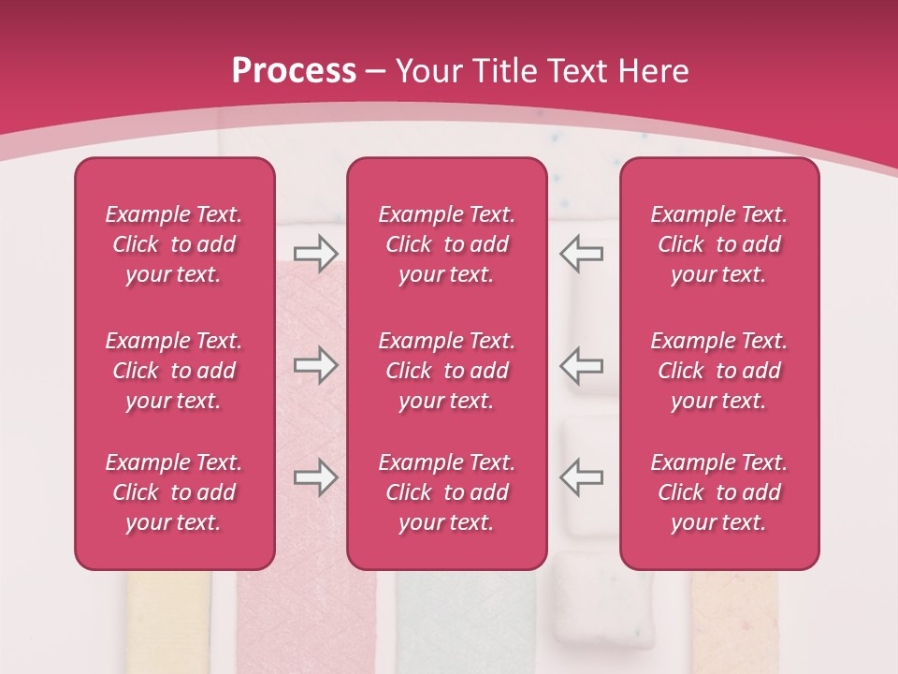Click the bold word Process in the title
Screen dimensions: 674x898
(x=294, y=71)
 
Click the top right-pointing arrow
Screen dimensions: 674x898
(x=315, y=254)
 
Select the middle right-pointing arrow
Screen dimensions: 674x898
(x=315, y=365)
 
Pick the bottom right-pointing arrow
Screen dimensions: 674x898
(x=315, y=477)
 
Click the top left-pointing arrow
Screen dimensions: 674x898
(x=582, y=254)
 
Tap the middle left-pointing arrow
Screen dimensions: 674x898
(x=582, y=365)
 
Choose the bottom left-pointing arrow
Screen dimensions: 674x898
(x=582, y=477)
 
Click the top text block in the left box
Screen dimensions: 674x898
(x=174, y=244)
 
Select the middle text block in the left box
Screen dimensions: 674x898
(x=174, y=371)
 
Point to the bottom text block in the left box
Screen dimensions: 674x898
(x=174, y=492)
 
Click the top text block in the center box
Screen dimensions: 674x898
(x=446, y=244)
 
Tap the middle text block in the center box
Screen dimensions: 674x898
(x=446, y=371)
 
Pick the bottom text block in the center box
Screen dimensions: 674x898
(x=446, y=492)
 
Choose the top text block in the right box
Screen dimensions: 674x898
(x=718, y=244)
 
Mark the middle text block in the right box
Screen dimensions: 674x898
(x=718, y=371)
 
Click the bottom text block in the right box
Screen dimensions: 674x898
(x=718, y=492)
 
